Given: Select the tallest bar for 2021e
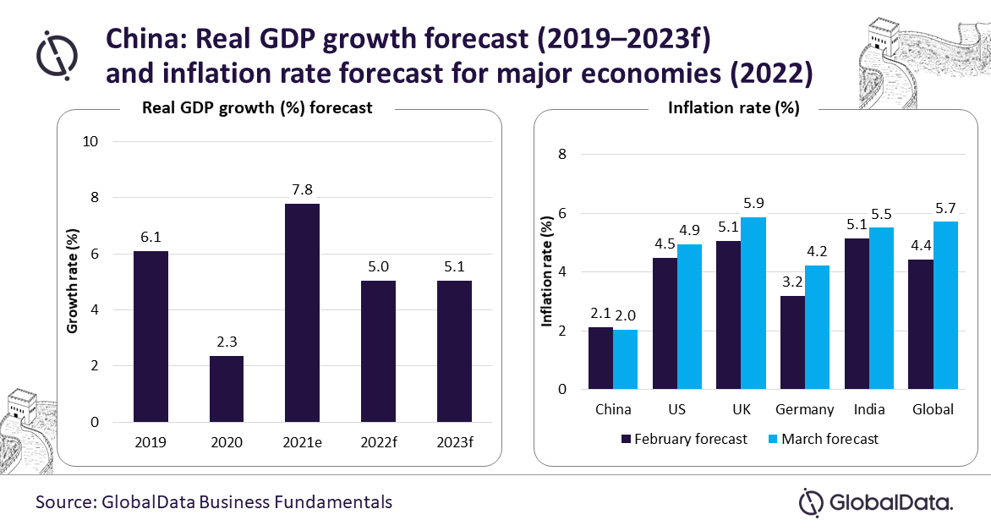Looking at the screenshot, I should click(302, 313).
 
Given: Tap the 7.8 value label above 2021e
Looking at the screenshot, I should click(302, 189).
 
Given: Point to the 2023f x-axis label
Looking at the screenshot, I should click(454, 443).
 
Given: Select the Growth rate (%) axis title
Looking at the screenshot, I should click(74, 281).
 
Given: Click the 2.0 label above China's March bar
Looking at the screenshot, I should click(626, 315).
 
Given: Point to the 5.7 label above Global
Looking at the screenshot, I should click(946, 207).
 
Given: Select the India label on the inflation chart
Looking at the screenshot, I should click(869, 409).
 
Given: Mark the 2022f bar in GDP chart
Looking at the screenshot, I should click(378, 352).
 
